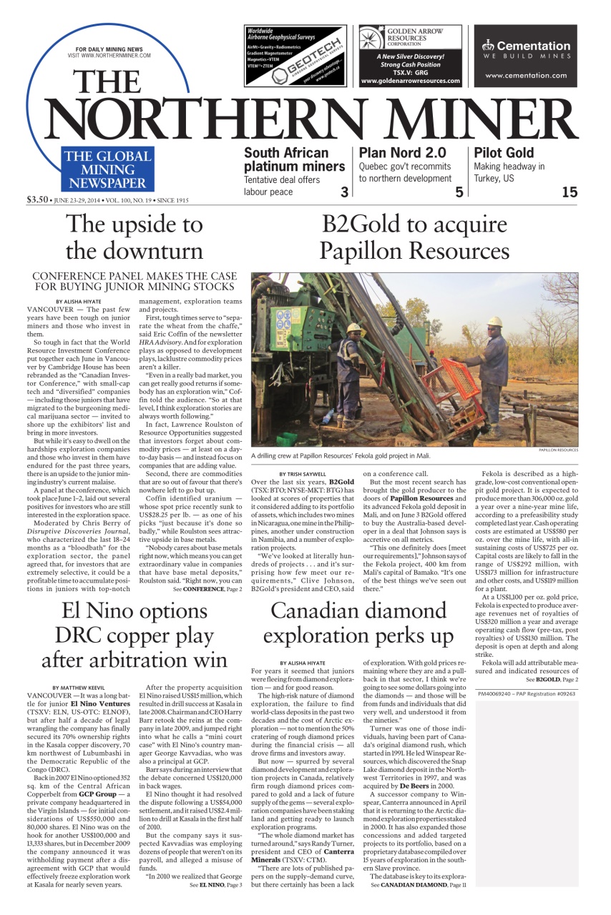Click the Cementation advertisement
click(525, 56)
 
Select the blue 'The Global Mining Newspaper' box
click(107, 169)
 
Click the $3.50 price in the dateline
click(36, 199)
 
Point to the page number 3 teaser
click(344, 191)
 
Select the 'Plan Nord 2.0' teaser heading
click(401, 152)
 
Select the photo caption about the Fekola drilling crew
click(341, 455)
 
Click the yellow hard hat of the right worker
click(494, 322)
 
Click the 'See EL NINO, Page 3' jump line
click(215, 884)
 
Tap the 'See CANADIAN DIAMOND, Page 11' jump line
click(418, 884)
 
